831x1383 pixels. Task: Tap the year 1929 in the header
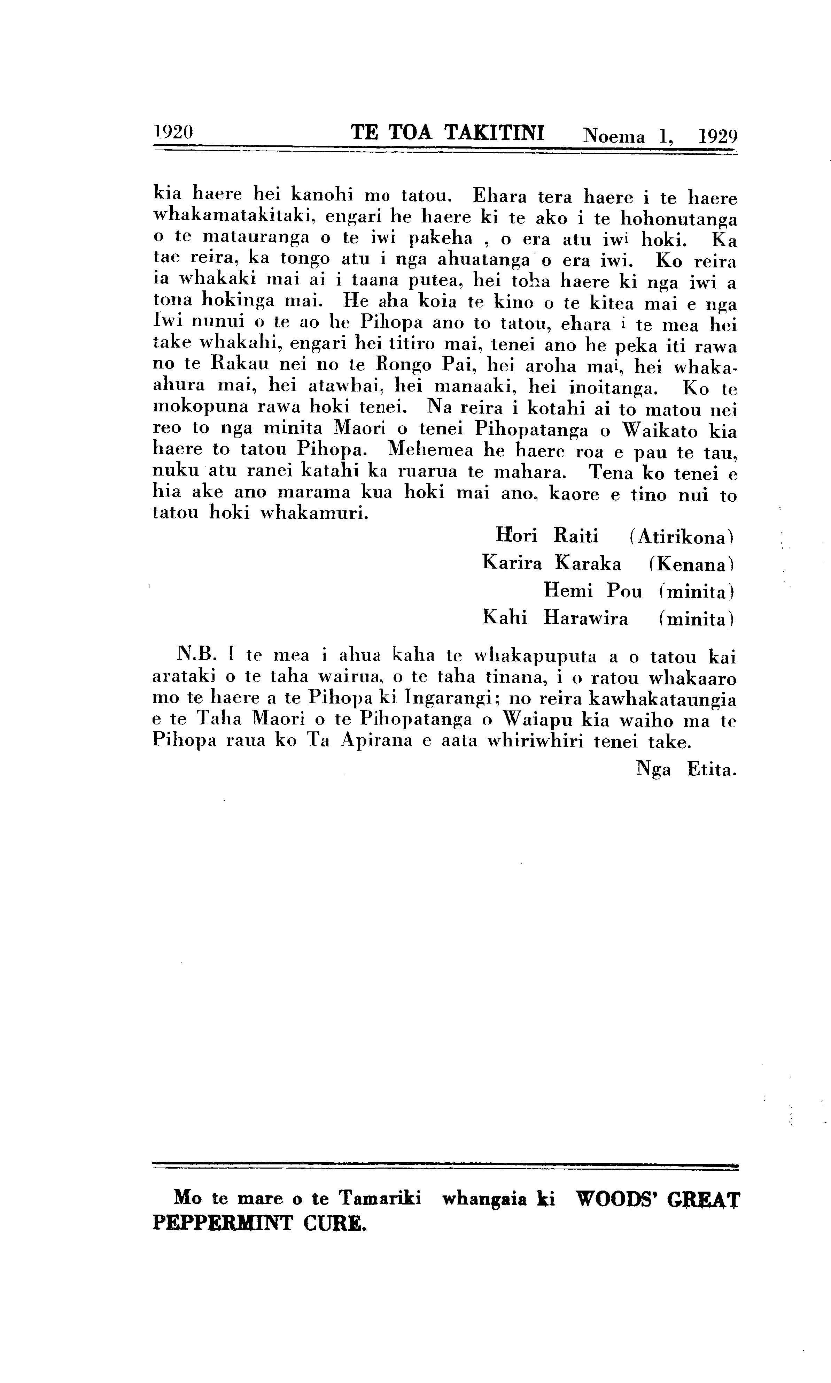point(718,136)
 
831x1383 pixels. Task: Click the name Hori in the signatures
point(516,536)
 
